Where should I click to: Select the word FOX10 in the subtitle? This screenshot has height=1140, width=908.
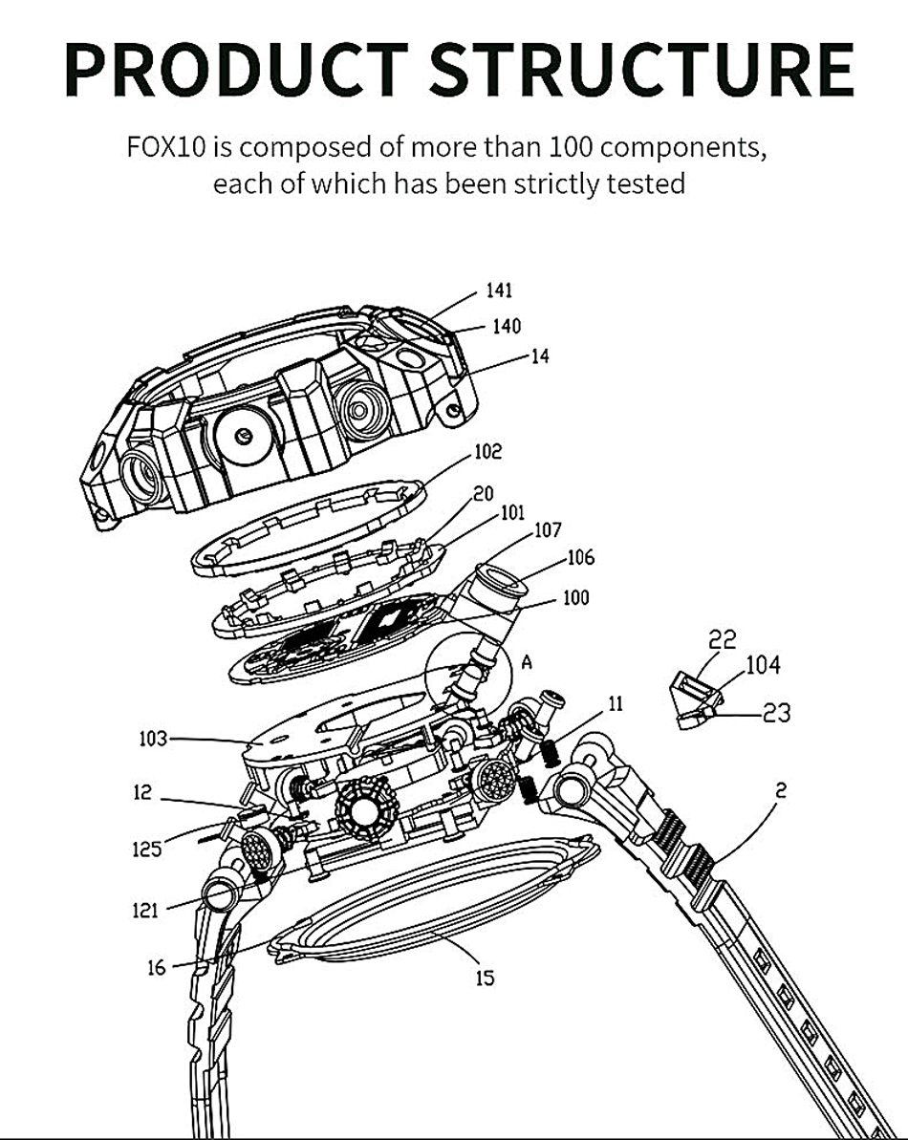[x=168, y=147]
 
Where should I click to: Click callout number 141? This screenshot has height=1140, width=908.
[x=500, y=290]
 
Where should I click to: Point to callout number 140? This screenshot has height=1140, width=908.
[x=507, y=327]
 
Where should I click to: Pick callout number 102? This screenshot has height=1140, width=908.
[x=487, y=451]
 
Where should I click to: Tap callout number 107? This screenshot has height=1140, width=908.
[x=548, y=530]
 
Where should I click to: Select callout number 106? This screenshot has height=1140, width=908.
[x=581, y=558]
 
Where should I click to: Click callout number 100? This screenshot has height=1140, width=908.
[x=575, y=597]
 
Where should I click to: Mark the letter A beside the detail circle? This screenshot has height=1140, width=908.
[x=527, y=661]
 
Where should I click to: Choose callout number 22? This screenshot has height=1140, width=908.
[x=723, y=640]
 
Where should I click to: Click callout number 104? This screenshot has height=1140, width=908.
[x=764, y=664]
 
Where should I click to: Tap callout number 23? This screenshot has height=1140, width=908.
[x=776, y=713]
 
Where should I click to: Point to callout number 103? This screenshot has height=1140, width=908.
[x=153, y=740]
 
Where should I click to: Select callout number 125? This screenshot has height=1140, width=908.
[x=147, y=849]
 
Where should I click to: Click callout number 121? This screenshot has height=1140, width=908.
[x=145, y=910]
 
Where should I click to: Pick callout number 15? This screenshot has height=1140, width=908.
[x=485, y=978]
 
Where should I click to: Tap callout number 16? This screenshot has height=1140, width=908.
[x=157, y=968]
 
